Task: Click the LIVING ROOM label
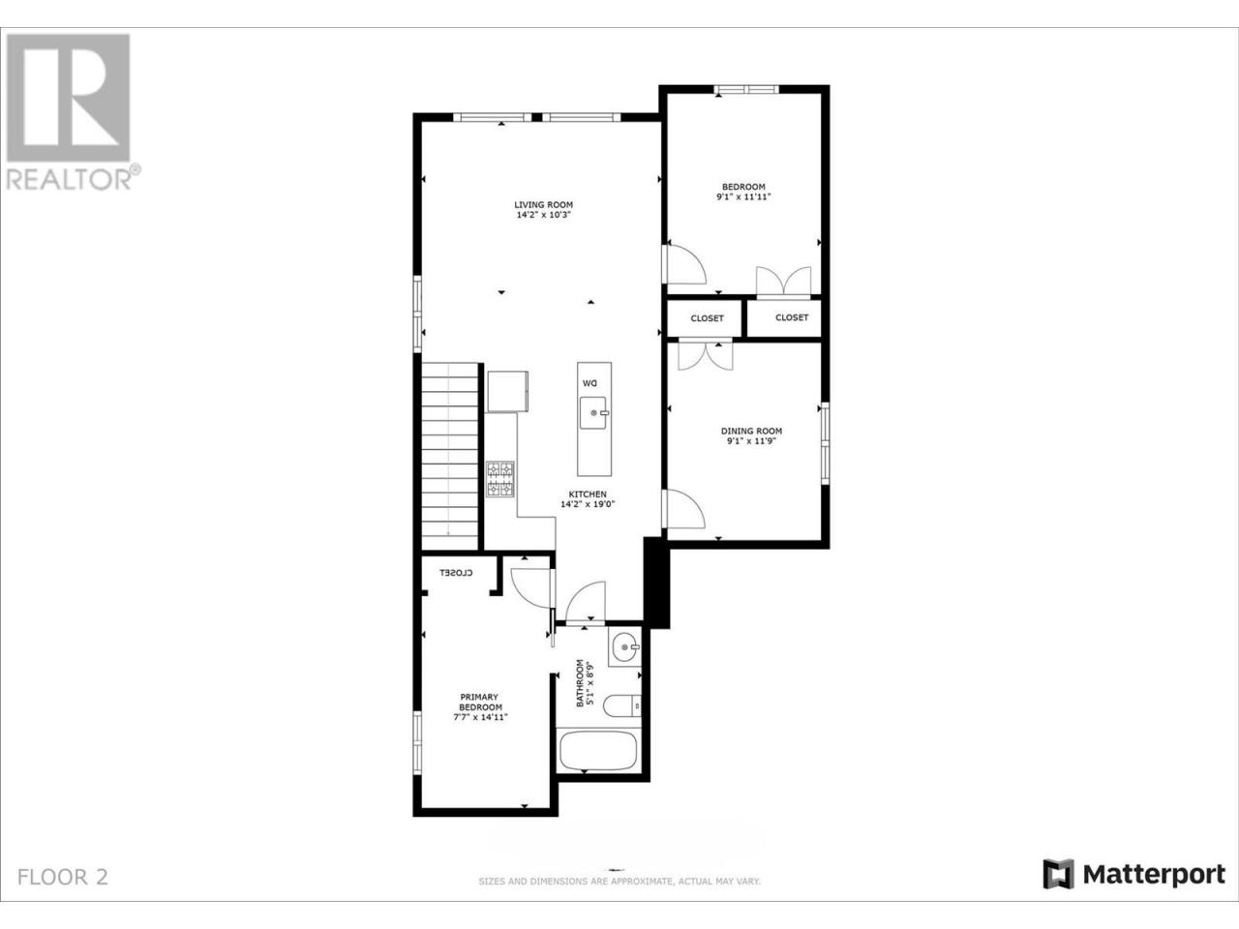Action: point(543,205)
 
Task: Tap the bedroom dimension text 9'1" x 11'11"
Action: point(743,196)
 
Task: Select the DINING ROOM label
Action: point(751,431)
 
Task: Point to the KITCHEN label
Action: point(588,494)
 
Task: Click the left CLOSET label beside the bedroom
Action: point(707,318)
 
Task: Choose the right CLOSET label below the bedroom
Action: point(792,317)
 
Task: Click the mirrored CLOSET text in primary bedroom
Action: point(456,573)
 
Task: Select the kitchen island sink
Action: point(593,412)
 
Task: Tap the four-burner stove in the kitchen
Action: point(500,479)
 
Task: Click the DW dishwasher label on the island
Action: point(589,383)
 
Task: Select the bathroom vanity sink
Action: point(625,647)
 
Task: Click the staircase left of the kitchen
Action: point(450,457)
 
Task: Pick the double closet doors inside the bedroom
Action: point(783,281)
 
